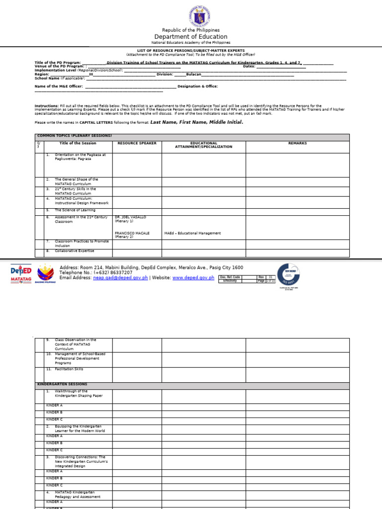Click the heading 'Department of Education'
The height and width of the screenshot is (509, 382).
(x=191, y=37)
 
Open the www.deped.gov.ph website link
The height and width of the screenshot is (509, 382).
(x=193, y=278)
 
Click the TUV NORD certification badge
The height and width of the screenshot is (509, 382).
(x=288, y=275)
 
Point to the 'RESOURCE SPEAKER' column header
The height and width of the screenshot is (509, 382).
(x=137, y=143)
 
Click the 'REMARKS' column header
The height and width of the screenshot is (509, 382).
(x=297, y=143)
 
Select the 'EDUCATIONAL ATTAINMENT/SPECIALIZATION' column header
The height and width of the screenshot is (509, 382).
(x=203, y=145)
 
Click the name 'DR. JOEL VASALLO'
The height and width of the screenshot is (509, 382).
(x=130, y=217)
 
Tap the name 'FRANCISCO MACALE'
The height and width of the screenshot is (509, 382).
(x=132, y=233)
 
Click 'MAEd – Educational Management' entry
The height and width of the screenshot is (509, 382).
(x=192, y=233)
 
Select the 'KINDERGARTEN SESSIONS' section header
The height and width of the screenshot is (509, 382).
(x=62, y=384)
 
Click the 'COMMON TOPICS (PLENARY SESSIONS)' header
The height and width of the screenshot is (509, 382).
(x=74, y=136)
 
